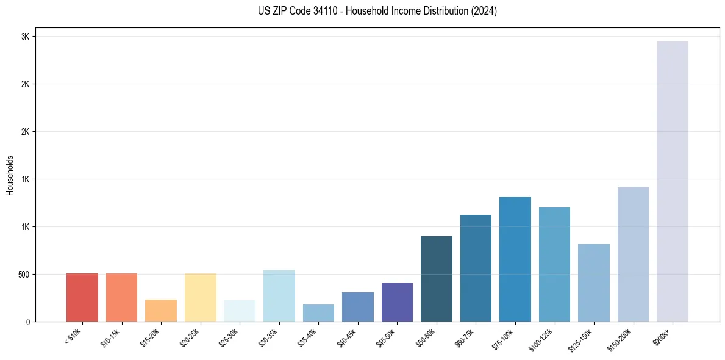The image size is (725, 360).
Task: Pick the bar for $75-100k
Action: tap(515, 259)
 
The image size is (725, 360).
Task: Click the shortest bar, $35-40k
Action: tap(318, 313)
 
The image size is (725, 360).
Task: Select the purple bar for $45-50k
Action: tap(397, 302)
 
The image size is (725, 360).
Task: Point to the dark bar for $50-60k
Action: tap(437, 279)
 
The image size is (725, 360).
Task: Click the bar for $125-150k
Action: tap(594, 283)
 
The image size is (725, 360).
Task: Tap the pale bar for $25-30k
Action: tap(240, 311)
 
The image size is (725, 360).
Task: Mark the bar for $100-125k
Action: tap(554, 265)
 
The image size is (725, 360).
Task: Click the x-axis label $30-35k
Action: tap(269, 338)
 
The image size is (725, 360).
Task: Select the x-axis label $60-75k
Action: tap(466, 338)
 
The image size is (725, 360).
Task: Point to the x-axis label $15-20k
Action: tap(151, 338)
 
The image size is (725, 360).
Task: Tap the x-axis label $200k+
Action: tap(663, 336)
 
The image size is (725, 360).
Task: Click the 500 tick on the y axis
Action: tap(24, 275)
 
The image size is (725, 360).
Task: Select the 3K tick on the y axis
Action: tap(26, 37)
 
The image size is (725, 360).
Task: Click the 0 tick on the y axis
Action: tap(28, 322)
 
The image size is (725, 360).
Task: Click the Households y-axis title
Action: tap(10, 175)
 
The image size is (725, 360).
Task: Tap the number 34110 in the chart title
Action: tap(316, 11)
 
